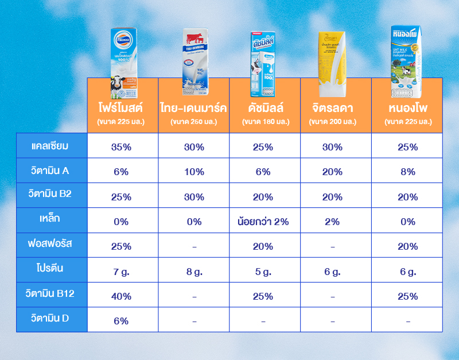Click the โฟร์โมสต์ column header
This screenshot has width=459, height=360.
point(120,107)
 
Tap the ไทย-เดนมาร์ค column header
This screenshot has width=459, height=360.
point(194,107)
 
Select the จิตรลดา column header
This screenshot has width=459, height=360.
point(332,107)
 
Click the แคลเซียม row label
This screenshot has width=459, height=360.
point(50,146)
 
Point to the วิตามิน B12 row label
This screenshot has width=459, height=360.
point(50,294)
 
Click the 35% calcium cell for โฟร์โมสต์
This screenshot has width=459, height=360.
point(122,147)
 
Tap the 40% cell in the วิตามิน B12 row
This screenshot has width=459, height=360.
point(122,296)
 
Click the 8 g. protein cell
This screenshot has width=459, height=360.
point(194,272)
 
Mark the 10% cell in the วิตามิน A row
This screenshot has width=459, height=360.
point(194,172)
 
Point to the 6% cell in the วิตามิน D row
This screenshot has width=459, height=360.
point(122,321)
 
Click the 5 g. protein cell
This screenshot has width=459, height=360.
point(263,272)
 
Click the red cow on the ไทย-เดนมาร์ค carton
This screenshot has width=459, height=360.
point(196,39)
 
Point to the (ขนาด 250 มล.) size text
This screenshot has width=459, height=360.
point(194,122)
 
